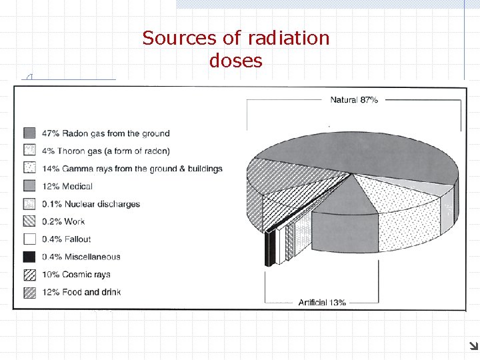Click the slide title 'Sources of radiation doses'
tap(236, 49)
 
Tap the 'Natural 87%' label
tap(354, 100)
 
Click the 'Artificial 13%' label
tap(322, 302)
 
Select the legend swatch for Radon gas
tap(29, 133)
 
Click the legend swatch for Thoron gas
tap(29, 151)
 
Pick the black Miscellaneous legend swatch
tap(29, 257)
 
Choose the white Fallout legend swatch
tap(29, 239)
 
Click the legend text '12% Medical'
tap(67, 186)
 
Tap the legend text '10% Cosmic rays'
tap(76, 274)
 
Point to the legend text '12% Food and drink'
tap(81, 292)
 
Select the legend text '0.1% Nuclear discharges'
tap(91, 204)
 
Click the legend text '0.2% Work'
tap(63, 221)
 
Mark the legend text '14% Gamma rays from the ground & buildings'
tap(132, 169)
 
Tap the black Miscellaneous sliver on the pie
tap(269, 247)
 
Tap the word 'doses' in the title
tap(236, 61)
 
